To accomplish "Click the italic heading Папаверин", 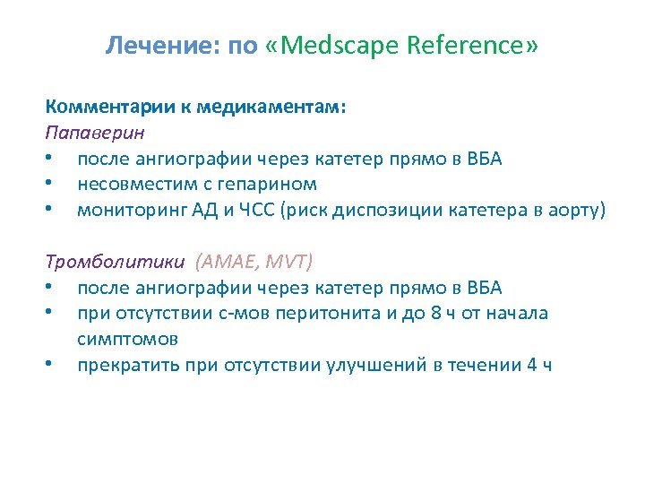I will coord(95,132).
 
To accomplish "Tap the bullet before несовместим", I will coord(56,185).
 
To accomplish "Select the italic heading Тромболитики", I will coord(115,262).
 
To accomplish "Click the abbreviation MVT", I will coord(288,262).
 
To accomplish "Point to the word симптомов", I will coord(127,339).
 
